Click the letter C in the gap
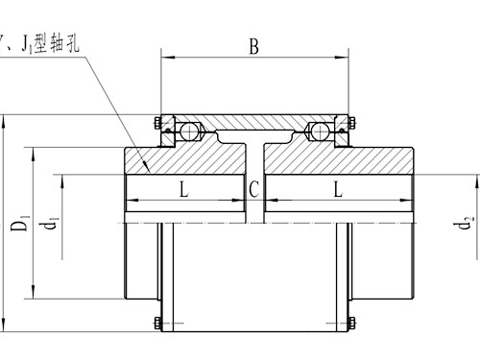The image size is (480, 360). (253, 189)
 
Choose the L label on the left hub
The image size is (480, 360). (183, 189)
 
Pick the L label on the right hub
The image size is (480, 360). (337, 189)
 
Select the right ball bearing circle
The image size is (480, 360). (318, 130)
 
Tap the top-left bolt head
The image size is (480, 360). (156, 121)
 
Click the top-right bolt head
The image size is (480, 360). (353, 121)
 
